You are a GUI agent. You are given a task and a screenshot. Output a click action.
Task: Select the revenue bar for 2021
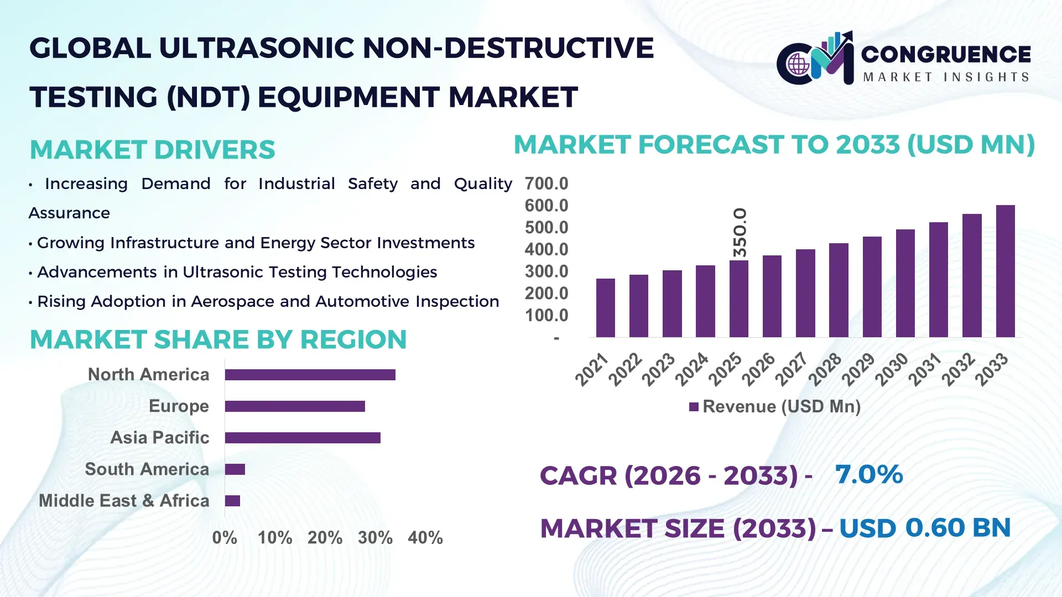[x=606, y=308]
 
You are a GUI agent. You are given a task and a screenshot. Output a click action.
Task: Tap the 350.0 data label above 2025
[x=740, y=232]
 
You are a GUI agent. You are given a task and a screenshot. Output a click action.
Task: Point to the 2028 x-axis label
[x=825, y=369]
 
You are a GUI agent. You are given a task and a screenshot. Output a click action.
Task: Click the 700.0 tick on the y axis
[x=546, y=184]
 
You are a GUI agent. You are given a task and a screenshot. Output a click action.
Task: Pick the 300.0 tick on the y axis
[x=546, y=271]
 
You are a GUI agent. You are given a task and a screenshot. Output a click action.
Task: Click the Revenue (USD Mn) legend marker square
[x=694, y=407]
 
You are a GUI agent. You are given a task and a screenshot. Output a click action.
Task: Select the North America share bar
[x=310, y=375]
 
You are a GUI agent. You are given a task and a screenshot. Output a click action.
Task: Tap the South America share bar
[x=235, y=469]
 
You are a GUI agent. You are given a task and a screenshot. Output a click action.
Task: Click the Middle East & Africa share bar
[x=232, y=501]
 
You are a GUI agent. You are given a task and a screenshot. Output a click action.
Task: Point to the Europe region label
[x=179, y=406]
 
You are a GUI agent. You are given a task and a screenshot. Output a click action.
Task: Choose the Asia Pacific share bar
[x=303, y=438]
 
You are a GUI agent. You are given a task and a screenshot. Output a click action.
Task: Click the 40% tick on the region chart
[x=425, y=538]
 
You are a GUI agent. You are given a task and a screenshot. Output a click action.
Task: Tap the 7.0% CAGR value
[x=868, y=474]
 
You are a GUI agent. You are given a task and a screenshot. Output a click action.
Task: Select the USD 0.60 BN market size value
[x=925, y=528]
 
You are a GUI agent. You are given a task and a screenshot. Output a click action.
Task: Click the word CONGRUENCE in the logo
[x=946, y=54]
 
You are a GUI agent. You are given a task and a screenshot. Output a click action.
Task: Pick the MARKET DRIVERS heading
[x=152, y=150]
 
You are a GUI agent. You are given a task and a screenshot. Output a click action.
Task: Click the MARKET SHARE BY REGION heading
[x=218, y=339]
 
